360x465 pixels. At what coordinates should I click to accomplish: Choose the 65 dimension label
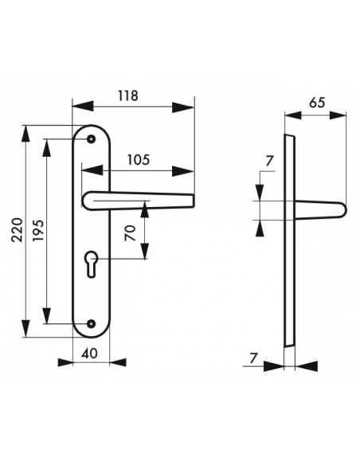(315, 103)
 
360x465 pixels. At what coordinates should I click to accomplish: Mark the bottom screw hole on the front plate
(92, 323)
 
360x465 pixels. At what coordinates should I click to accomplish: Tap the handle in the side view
(319, 209)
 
